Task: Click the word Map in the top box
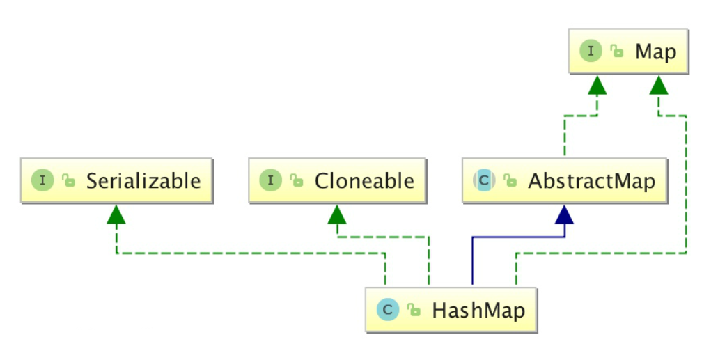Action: tap(655, 52)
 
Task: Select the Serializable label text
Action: tap(143, 181)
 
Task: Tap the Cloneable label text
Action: tap(364, 181)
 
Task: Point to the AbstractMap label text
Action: tap(591, 181)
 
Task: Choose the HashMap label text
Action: tap(478, 309)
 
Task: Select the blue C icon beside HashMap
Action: tap(387, 309)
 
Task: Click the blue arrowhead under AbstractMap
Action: tap(564, 214)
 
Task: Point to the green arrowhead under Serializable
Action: tap(116, 214)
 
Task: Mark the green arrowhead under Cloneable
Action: tap(337, 214)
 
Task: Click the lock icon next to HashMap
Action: tap(413, 310)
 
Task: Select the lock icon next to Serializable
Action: tap(68, 182)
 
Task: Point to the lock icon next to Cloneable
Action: tap(296, 182)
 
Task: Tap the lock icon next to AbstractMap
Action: tap(510, 182)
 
